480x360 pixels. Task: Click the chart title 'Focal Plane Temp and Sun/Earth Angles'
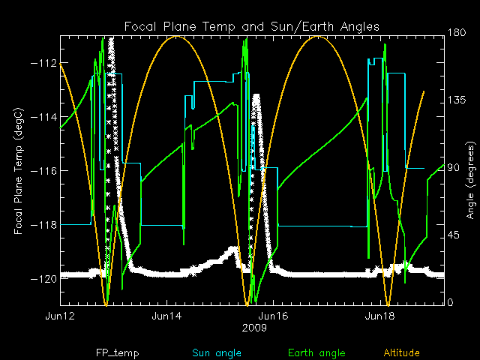[x=252, y=26]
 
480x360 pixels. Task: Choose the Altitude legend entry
[x=402, y=352]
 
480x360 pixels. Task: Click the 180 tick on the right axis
[x=457, y=32]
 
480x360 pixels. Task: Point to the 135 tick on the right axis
[x=457, y=100]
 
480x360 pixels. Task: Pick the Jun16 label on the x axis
[x=273, y=316]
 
